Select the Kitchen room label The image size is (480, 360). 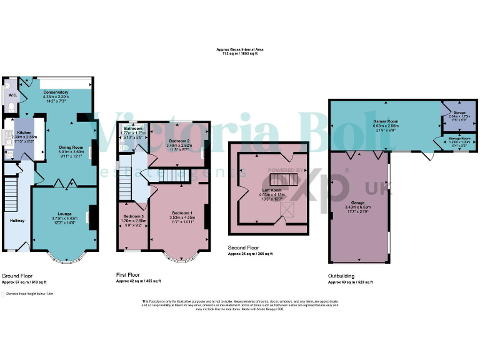click(24, 132)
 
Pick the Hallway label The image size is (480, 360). click(16, 220)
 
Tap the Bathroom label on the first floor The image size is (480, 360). click(132, 128)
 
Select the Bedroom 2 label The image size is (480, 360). click(179, 141)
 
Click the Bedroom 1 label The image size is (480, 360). click(182, 213)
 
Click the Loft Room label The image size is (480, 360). click(271, 189)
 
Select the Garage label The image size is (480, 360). click(357, 202)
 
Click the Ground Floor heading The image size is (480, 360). click(17, 275)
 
